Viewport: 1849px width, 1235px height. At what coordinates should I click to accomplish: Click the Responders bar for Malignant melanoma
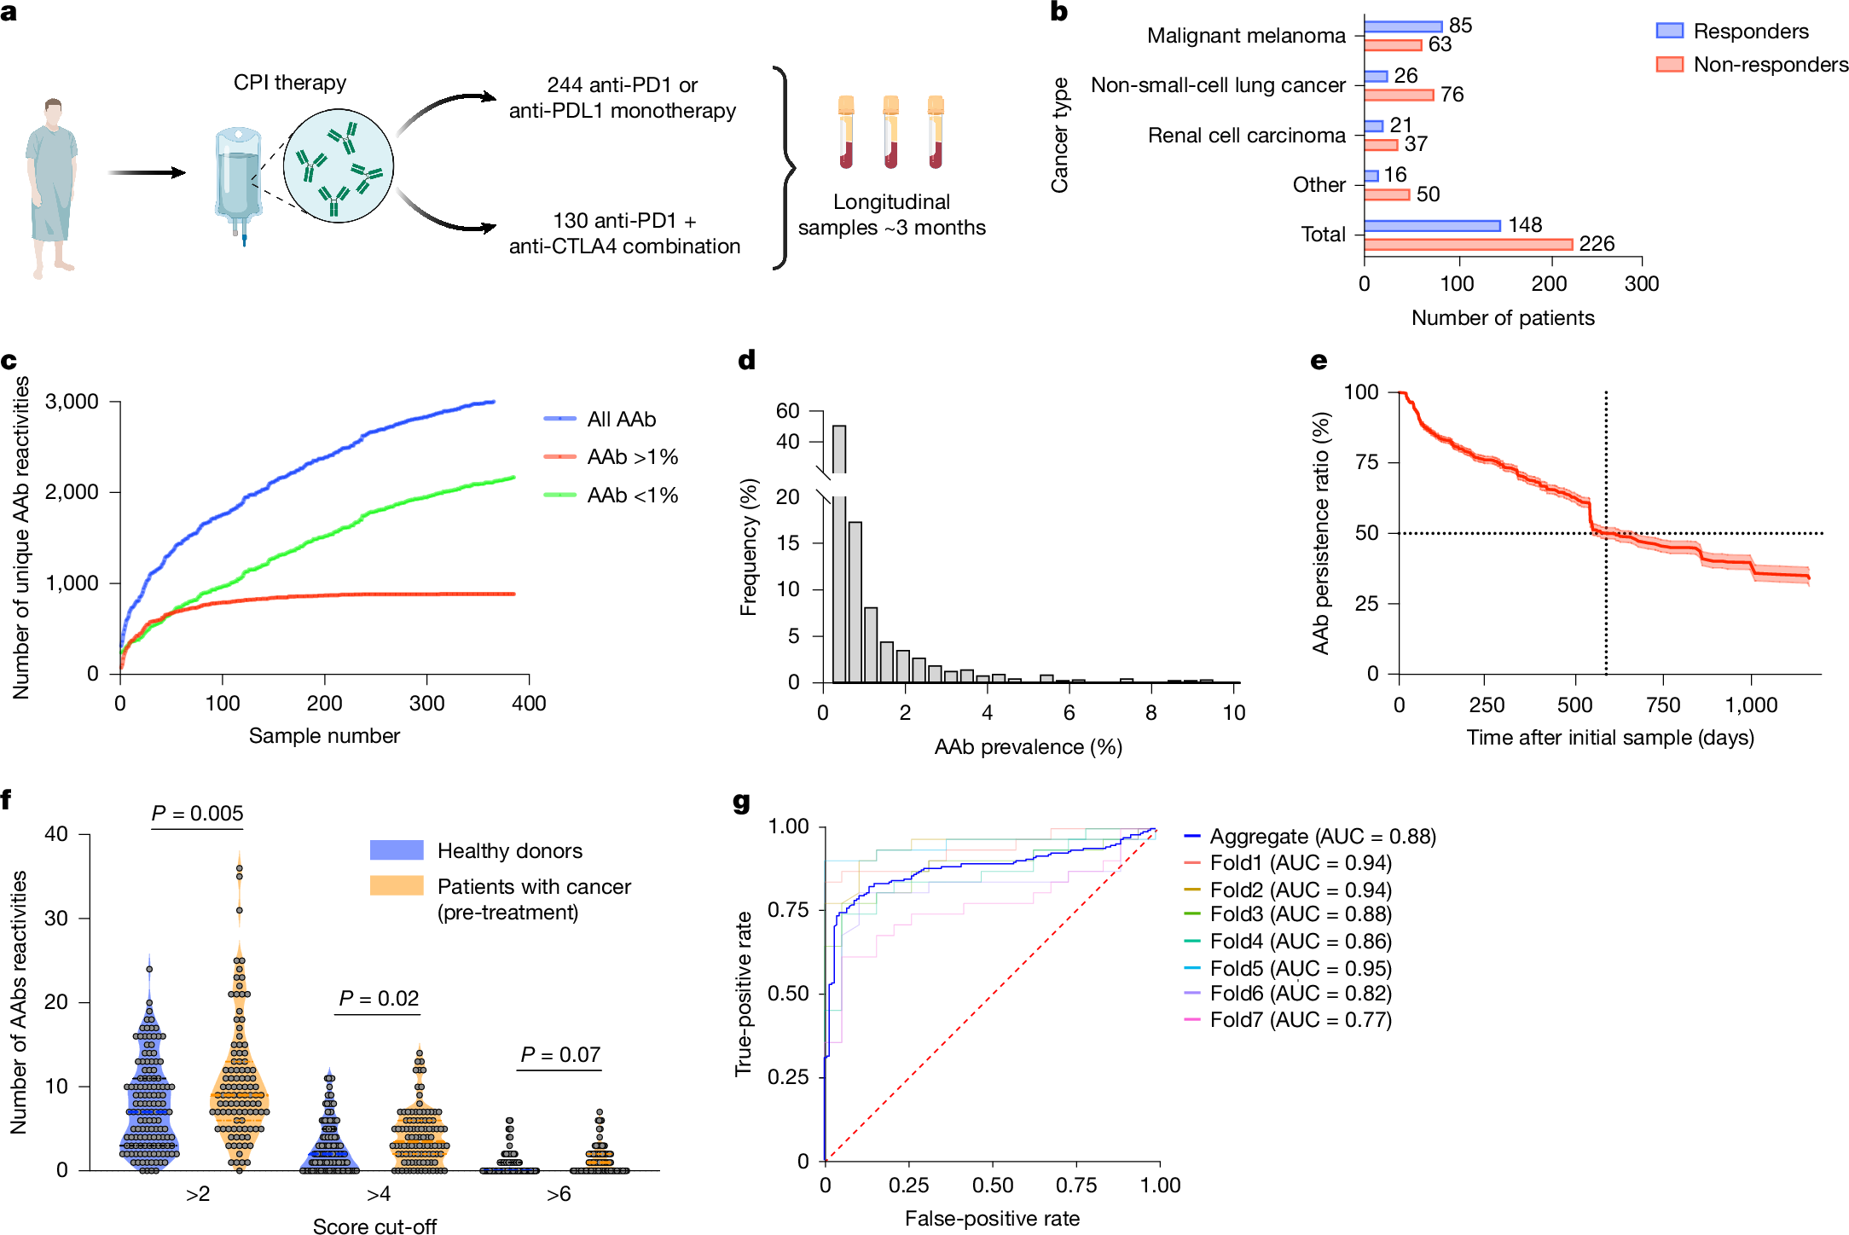pos(1402,26)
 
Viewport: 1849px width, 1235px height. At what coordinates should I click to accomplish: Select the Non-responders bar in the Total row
pos(1468,245)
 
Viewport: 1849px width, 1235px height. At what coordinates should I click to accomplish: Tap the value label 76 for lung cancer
pos(1452,95)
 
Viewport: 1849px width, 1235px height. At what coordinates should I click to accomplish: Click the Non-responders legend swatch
pos(1669,65)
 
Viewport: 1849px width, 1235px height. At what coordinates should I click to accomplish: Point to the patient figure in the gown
pos(52,188)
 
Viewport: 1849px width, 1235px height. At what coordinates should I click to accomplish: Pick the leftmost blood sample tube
pos(846,132)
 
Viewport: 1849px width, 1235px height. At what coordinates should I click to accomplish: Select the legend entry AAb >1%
pos(632,457)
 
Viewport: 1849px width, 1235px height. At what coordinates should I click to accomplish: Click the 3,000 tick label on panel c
pos(72,402)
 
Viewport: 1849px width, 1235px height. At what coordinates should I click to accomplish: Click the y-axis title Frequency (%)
pos(749,547)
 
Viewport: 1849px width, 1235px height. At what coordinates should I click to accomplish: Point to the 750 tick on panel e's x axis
pos(1662,705)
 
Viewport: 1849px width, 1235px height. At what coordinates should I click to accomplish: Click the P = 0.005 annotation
pos(197,814)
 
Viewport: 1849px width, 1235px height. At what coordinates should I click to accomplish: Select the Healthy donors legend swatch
pos(397,850)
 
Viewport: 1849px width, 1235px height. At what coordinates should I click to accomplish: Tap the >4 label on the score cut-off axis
pos(379,1194)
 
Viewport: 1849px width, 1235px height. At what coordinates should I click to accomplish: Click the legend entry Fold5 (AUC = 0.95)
pos(1300,968)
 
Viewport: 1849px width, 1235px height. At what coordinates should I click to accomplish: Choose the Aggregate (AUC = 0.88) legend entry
pos(1322,837)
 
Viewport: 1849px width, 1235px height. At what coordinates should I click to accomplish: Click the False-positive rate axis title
pos(992,1218)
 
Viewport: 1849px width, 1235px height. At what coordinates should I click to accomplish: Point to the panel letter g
pos(742,803)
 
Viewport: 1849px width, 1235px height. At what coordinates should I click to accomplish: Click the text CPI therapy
pos(290,83)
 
